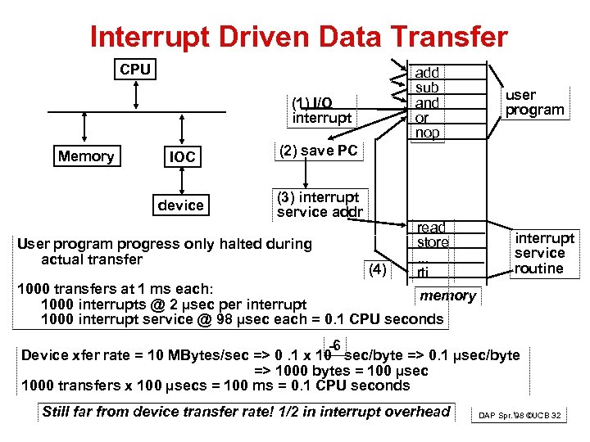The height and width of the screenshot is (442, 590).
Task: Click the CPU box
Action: click(x=135, y=70)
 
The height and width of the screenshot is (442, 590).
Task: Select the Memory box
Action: click(x=86, y=156)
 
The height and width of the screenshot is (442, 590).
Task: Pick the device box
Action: click(x=181, y=205)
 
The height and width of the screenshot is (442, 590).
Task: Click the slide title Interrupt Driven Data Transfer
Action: click(x=299, y=36)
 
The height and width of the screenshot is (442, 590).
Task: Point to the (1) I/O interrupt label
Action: click(x=322, y=110)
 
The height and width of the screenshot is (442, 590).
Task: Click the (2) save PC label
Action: click(x=318, y=151)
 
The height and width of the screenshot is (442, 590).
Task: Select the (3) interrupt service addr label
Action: click(x=320, y=205)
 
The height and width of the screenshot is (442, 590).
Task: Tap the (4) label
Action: click(x=378, y=268)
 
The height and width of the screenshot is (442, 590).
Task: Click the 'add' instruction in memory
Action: click(x=427, y=74)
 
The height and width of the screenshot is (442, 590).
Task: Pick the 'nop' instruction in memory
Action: click(x=428, y=133)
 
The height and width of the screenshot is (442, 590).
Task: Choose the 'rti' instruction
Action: click(x=423, y=273)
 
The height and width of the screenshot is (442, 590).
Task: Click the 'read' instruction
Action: click(x=431, y=228)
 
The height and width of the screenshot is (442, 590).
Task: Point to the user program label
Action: click(x=534, y=103)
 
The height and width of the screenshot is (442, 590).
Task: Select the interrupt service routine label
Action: click(x=545, y=253)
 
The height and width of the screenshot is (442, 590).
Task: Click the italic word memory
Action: click(x=448, y=295)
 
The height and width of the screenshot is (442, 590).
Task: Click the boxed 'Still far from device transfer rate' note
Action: click(x=247, y=412)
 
